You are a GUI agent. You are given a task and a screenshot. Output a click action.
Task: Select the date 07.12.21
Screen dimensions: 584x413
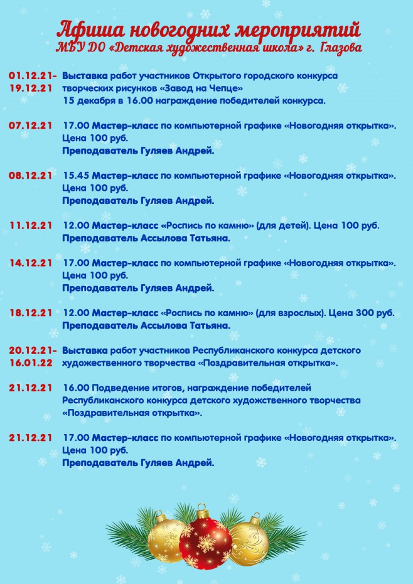30,125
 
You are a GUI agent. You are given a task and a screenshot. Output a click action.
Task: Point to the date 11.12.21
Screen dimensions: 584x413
30,225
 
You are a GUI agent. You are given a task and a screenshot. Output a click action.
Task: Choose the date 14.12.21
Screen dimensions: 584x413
30,262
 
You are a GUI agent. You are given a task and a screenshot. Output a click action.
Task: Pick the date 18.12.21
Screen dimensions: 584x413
30,312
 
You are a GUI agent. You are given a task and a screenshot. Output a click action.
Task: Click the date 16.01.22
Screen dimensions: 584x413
30,362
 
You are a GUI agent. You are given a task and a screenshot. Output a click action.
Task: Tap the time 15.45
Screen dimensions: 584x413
76,175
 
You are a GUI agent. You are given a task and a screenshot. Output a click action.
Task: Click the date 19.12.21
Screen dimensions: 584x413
30,88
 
